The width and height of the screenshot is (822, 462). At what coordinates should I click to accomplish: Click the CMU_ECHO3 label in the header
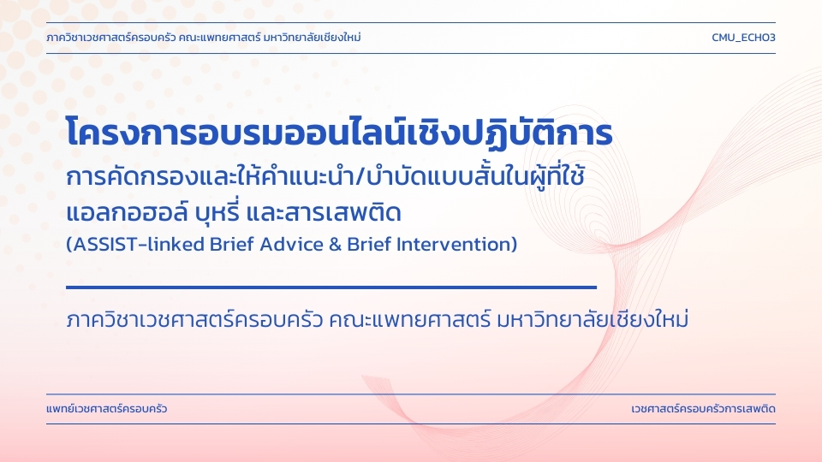[x=743, y=38]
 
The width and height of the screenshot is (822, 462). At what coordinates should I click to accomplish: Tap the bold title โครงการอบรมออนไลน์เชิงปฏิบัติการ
[x=339, y=132]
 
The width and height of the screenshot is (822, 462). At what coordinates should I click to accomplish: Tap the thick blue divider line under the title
[x=331, y=287]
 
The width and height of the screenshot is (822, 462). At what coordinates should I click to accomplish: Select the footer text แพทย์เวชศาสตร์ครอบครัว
[x=107, y=409]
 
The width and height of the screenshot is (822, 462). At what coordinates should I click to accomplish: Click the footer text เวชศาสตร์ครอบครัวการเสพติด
[x=704, y=409]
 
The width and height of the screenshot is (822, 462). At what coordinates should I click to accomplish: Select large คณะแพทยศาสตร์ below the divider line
[x=409, y=319]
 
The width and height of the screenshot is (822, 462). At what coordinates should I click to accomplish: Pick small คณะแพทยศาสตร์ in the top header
[x=218, y=38]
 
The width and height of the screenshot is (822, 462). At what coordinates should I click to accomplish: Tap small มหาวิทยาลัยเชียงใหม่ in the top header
[x=313, y=37]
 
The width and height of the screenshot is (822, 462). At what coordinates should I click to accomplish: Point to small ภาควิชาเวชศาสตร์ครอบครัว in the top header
[x=110, y=38]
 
